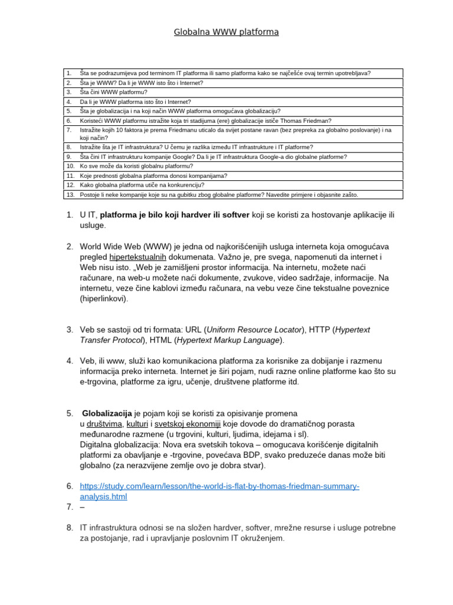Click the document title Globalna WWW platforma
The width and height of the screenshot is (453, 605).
pyautogui.click(x=226, y=32)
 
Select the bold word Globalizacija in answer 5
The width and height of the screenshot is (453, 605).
pyautogui.click(x=107, y=413)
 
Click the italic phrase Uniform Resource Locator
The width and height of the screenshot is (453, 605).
pyautogui.click(x=255, y=330)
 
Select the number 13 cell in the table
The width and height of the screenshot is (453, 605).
pyautogui.click(x=70, y=194)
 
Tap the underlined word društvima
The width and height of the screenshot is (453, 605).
pyautogui.click(x=105, y=424)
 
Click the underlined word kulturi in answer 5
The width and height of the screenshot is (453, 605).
pyautogui.click(x=137, y=424)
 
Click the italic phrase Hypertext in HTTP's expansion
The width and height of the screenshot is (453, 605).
pyautogui.click(x=352, y=330)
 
